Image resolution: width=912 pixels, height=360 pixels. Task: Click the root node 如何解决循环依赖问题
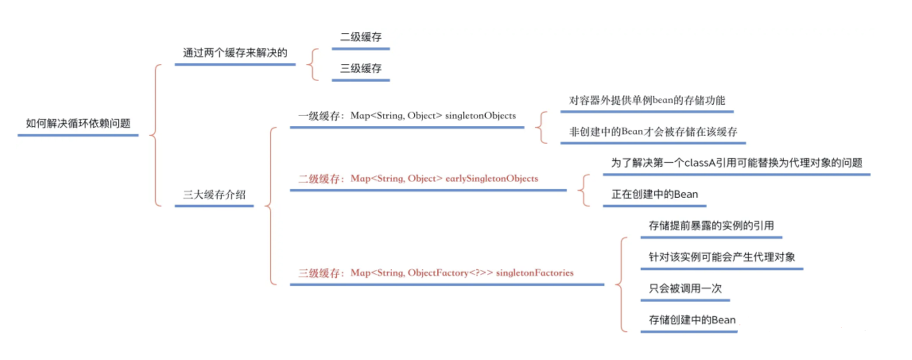(x=78, y=123)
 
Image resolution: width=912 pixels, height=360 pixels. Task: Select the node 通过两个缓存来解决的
(x=235, y=53)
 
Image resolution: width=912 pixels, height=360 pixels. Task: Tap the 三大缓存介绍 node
(x=214, y=194)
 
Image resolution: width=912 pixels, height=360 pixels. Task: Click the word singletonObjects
(x=480, y=115)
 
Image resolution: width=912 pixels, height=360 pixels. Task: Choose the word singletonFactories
(x=534, y=273)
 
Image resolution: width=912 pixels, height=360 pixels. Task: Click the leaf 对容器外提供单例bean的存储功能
(x=646, y=100)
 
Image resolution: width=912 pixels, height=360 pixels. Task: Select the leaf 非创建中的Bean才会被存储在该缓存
(x=653, y=131)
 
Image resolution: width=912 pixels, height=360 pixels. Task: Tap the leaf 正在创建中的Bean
(x=654, y=194)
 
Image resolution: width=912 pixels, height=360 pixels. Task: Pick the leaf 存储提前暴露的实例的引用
(x=711, y=225)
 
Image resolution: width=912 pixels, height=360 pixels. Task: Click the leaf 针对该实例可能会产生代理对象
(x=721, y=257)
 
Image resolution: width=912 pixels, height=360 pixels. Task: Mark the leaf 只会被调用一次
(x=685, y=288)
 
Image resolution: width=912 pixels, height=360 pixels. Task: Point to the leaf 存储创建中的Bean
(x=692, y=320)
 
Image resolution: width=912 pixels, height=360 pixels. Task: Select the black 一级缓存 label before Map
(x=318, y=116)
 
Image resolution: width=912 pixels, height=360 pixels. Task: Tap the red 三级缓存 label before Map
(x=318, y=273)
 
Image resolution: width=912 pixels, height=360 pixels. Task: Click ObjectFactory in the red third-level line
(x=438, y=273)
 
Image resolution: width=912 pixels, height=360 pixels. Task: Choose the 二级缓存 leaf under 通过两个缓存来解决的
(x=360, y=37)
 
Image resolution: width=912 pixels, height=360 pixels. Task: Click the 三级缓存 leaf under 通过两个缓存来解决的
(x=360, y=68)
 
